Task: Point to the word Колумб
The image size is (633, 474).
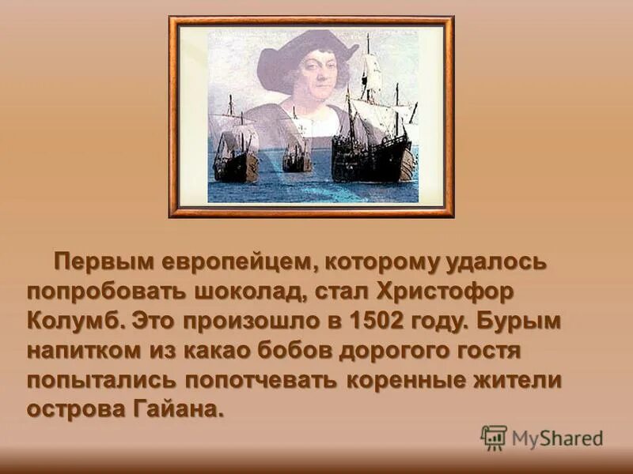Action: coord(74,321)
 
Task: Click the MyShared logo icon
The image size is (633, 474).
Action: coord(494,437)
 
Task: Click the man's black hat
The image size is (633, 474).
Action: coord(309,52)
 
